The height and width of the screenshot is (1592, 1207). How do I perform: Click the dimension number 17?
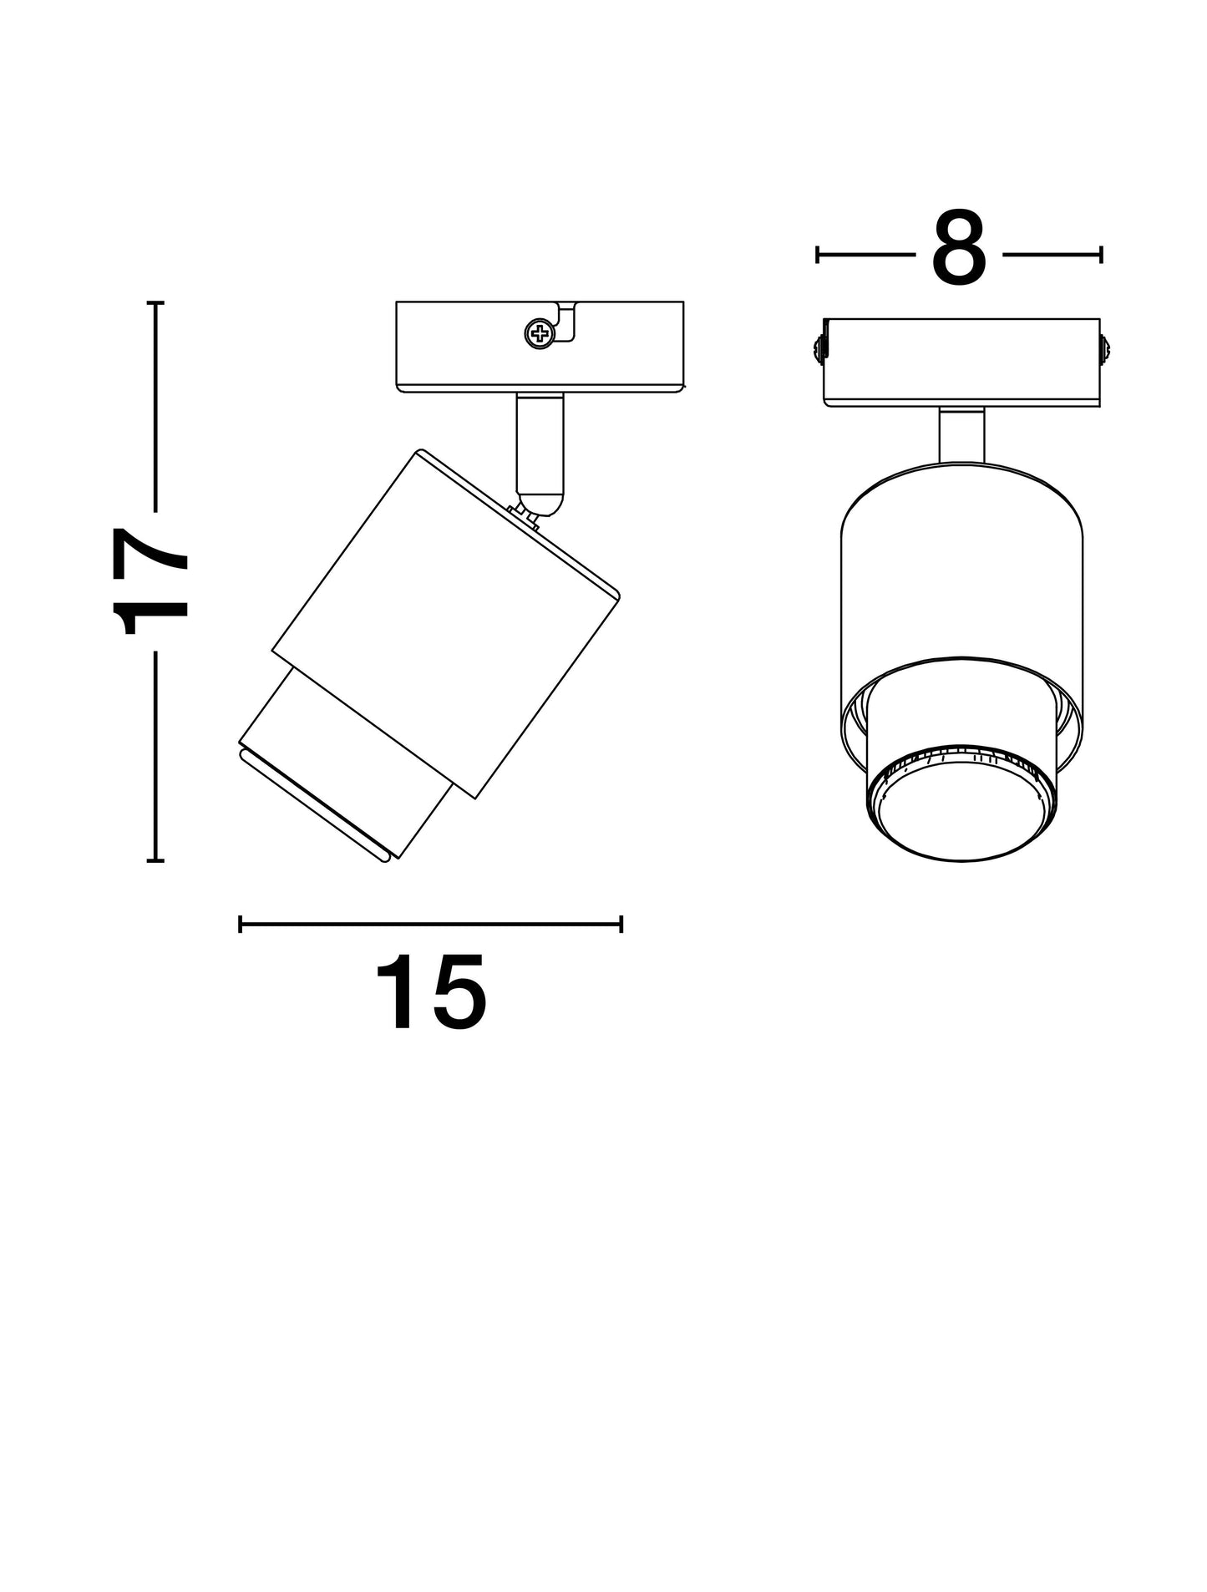pos(152,581)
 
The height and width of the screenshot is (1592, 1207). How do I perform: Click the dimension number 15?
pos(430,992)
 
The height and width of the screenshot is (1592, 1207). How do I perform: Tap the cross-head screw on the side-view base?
pos(540,334)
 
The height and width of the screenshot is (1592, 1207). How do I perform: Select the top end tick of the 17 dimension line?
pos(155,302)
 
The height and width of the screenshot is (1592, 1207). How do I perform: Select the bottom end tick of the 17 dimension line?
pos(155,859)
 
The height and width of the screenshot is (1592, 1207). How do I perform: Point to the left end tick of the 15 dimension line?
pos(241,924)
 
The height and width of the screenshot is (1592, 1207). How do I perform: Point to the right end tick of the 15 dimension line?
pos(621,924)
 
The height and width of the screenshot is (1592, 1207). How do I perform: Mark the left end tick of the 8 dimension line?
pos(818,255)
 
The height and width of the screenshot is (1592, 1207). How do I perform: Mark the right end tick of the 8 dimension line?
pos(1101,255)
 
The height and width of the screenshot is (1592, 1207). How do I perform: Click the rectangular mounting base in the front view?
pos(961,363)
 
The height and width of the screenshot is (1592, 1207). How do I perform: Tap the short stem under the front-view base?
pos(961,434)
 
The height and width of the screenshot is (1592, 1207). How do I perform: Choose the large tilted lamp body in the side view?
pos(446,623)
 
